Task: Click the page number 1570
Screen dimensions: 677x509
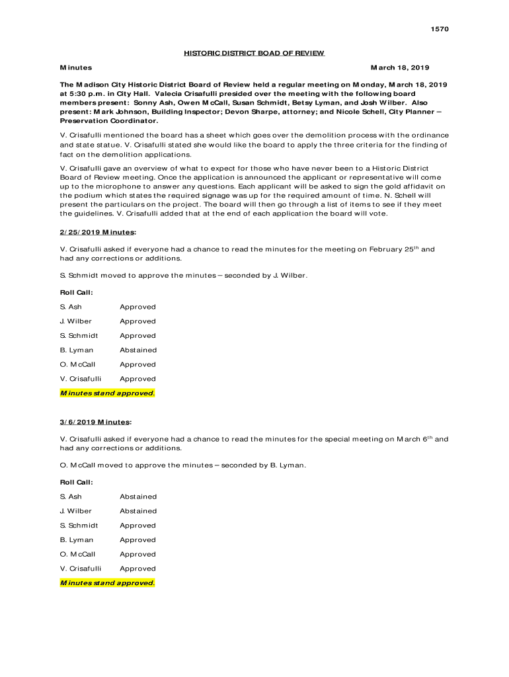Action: pos(440,29)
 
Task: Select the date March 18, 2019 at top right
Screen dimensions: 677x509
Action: pos(399,67)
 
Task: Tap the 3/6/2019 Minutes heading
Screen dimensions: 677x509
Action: pos(95,422)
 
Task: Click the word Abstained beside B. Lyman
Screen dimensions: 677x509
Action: pos(138,350)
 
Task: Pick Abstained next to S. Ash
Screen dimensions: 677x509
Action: pos(138,497)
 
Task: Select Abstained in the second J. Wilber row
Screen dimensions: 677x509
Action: pos(138,511)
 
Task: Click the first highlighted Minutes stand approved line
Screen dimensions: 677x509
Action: pos(108,393)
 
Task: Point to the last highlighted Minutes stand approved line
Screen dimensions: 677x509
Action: pos(108,583)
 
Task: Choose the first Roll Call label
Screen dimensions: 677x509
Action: pos(77,292)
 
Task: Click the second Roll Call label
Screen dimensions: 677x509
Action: pos(77,482)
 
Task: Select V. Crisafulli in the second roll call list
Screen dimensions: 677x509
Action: pos(81,569)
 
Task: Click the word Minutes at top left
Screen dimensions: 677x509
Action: pos(76,67)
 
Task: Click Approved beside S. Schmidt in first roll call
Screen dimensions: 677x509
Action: pos(137,336)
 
